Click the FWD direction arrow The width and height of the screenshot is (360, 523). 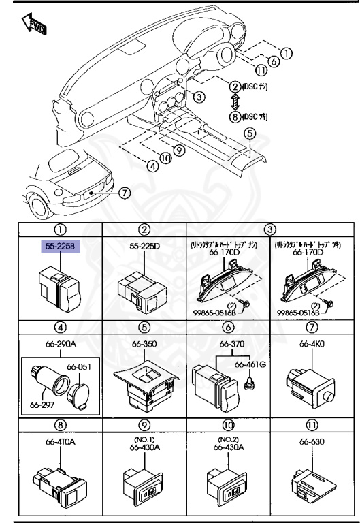(34, 27)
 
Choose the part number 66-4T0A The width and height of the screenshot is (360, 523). (61, 441)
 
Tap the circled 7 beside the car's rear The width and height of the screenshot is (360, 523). (124, 193)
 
